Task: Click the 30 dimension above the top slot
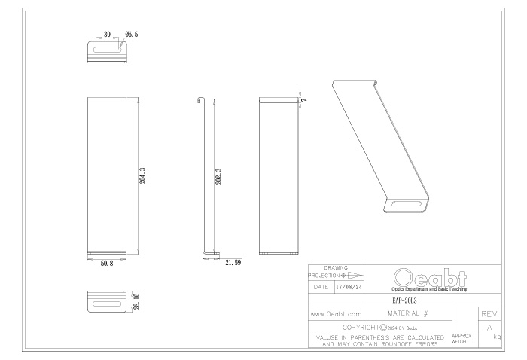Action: [107, 34]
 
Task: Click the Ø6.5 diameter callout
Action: [131, 34]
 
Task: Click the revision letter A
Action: [489, 328]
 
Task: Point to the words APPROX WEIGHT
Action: [461, 341]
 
